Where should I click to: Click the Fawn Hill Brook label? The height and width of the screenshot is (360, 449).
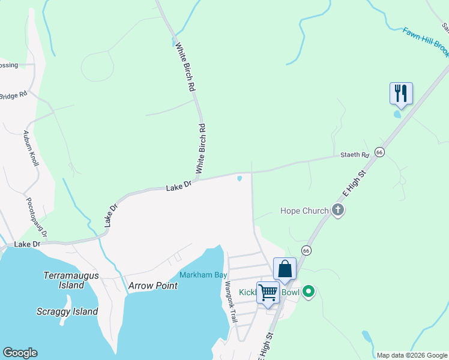tap(426, 42)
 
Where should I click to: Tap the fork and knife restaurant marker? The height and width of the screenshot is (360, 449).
tap(400, 93)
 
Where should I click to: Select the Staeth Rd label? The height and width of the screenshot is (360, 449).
tap(355, 155)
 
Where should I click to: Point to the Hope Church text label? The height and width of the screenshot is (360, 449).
tap(304, 211)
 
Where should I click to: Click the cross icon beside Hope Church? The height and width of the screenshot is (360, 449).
tap(338, 210)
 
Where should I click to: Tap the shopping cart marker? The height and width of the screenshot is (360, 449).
tap(268, 293)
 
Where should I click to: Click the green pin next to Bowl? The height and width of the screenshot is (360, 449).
tap(309, 292)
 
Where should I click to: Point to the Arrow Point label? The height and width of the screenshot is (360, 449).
tap(153, 286)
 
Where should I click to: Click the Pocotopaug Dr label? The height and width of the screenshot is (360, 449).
tap(35, 217)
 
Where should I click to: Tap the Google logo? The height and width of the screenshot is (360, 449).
tap(20, 353)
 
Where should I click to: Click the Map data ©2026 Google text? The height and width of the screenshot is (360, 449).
tap(412, 355)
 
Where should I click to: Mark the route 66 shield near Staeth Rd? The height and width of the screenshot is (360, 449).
tap(379, 152)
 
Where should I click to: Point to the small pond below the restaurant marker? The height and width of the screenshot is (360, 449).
tap(397, 114)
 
